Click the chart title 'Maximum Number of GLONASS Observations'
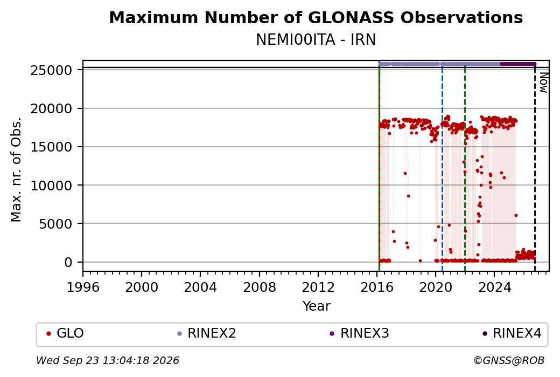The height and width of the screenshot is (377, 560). click(316, 17)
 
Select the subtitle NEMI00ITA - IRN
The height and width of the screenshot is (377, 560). click(316, 40)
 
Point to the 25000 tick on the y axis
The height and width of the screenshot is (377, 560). click(52, 71)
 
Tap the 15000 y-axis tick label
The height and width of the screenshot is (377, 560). click(52, 147)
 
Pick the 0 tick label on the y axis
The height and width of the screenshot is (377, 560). click(68, 263)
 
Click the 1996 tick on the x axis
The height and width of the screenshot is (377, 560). click(83, 287)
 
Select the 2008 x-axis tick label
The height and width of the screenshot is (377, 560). click(260, 287)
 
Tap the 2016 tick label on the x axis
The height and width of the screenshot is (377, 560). click(377, 287)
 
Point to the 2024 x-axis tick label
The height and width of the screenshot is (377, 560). click(494, 287)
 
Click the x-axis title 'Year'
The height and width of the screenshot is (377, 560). click(317, 306)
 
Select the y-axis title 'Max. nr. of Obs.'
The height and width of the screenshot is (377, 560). click(16, 169)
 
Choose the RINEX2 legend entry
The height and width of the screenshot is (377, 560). click(207, 333)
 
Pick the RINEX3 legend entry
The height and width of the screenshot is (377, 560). click(360, 333)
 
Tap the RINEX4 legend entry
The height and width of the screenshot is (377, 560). click(512, 333)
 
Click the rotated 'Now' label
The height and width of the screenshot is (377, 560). click(543, 83)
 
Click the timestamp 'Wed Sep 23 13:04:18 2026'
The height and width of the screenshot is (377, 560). click(108, 360)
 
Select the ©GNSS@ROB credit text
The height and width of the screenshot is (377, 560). click(509, 360)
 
